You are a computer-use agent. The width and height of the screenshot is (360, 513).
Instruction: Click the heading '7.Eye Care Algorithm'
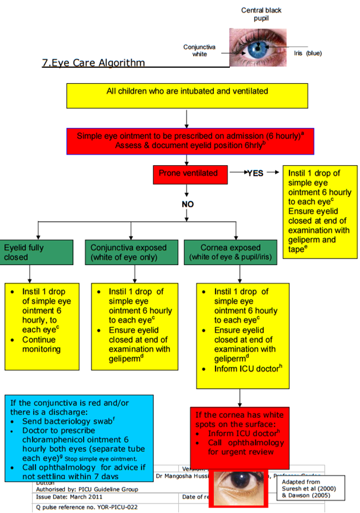coord(93,62)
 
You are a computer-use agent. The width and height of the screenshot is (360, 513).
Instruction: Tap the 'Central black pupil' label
coord(261,15)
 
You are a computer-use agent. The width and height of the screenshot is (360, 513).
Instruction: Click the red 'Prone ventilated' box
coord(188,173)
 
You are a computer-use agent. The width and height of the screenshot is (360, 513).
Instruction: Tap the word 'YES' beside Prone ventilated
coord(255,173)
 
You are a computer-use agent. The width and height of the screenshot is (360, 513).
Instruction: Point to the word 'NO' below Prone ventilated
coord(188,203)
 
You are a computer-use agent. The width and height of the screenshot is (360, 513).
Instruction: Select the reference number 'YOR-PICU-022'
coord(113,506)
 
